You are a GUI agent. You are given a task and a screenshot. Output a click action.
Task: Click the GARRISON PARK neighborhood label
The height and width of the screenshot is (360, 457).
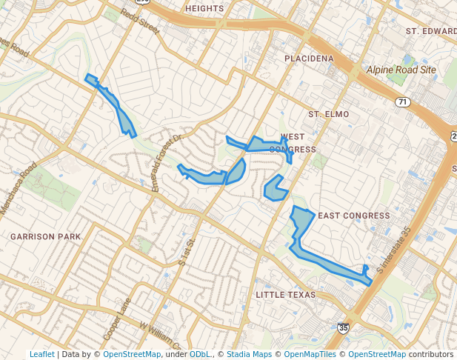[x=45, y=236]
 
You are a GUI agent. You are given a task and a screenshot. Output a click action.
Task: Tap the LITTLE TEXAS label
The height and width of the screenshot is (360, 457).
[x=285, y=295]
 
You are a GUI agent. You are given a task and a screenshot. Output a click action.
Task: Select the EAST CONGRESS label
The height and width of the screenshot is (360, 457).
[x=353, y=216]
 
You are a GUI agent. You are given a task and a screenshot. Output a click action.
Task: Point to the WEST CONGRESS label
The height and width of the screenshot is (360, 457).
[x=293, y=143]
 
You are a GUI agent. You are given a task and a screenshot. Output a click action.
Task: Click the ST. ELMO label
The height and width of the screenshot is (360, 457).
[x=328, y=114]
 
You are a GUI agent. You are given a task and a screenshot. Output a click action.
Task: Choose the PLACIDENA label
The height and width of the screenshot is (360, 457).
[x=309, y=58]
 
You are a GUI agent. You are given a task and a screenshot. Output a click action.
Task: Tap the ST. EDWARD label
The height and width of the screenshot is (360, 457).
[x=430, y=31]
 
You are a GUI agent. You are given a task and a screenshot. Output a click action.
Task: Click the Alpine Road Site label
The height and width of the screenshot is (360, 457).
[x=401, y=70]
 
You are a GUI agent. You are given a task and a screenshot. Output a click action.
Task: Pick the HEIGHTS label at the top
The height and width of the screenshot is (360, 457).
[x=204, y=8]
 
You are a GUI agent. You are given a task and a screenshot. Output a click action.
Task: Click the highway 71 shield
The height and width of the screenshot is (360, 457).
[x=403, y=101]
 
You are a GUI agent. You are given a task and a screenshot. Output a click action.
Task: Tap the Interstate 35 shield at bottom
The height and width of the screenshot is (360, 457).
[x=343, y=327]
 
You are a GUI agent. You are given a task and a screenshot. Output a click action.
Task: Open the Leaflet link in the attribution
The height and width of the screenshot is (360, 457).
[x=41, y=354]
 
